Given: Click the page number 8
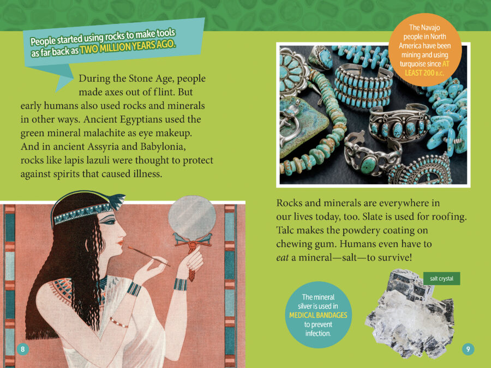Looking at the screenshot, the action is (22, 349).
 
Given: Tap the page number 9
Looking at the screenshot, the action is (468, 349).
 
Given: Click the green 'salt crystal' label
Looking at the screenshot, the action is (441, 279).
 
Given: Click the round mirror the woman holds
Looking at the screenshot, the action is (192, 216).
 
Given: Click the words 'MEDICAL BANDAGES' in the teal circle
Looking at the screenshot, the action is (318, 315).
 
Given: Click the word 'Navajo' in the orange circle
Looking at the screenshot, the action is (424, 28).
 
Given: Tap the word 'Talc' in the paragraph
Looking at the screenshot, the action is (285, 230).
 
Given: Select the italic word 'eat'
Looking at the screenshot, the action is (282, 258).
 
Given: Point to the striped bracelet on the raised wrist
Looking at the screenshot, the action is (181, 285).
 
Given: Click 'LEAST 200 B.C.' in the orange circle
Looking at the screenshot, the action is (424, 73).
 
